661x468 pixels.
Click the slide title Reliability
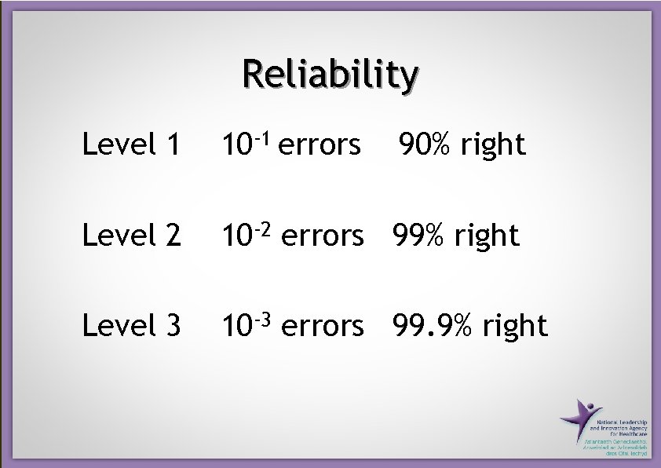[x=330, y=75]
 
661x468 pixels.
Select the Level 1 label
[x=132, y=144]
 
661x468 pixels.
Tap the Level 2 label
[x=132, y=235]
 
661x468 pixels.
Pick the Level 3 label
[x=132, y=325]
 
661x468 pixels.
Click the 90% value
[x=425, y=144]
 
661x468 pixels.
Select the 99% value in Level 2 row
[x=415, y=235]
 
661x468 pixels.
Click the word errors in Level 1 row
[x=320, y=145]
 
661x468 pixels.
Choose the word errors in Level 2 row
[x=322, y=236]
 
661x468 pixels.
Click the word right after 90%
[x=493, y=145]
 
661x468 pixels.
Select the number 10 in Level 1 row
[x=235, y=145]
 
